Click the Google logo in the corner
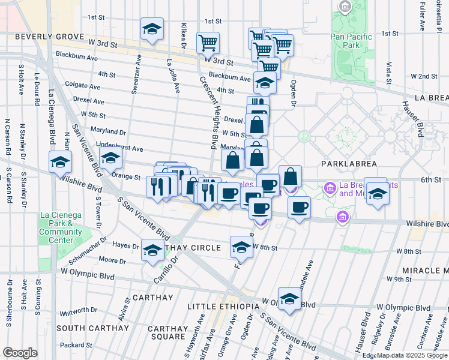coord(20,353)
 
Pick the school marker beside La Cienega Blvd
coord(59,162)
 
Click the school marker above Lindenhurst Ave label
coord(110,158)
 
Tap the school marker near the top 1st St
coord(152,28)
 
